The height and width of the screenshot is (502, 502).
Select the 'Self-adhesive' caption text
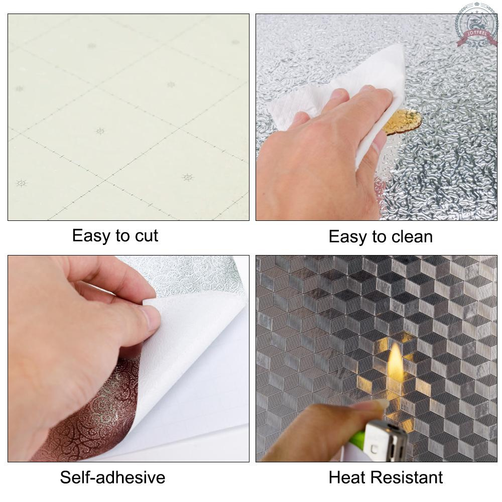(x=112, y=477)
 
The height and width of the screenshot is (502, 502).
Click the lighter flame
(x=395, y=362)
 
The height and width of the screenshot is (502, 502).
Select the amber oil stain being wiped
(x=404, y=121)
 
